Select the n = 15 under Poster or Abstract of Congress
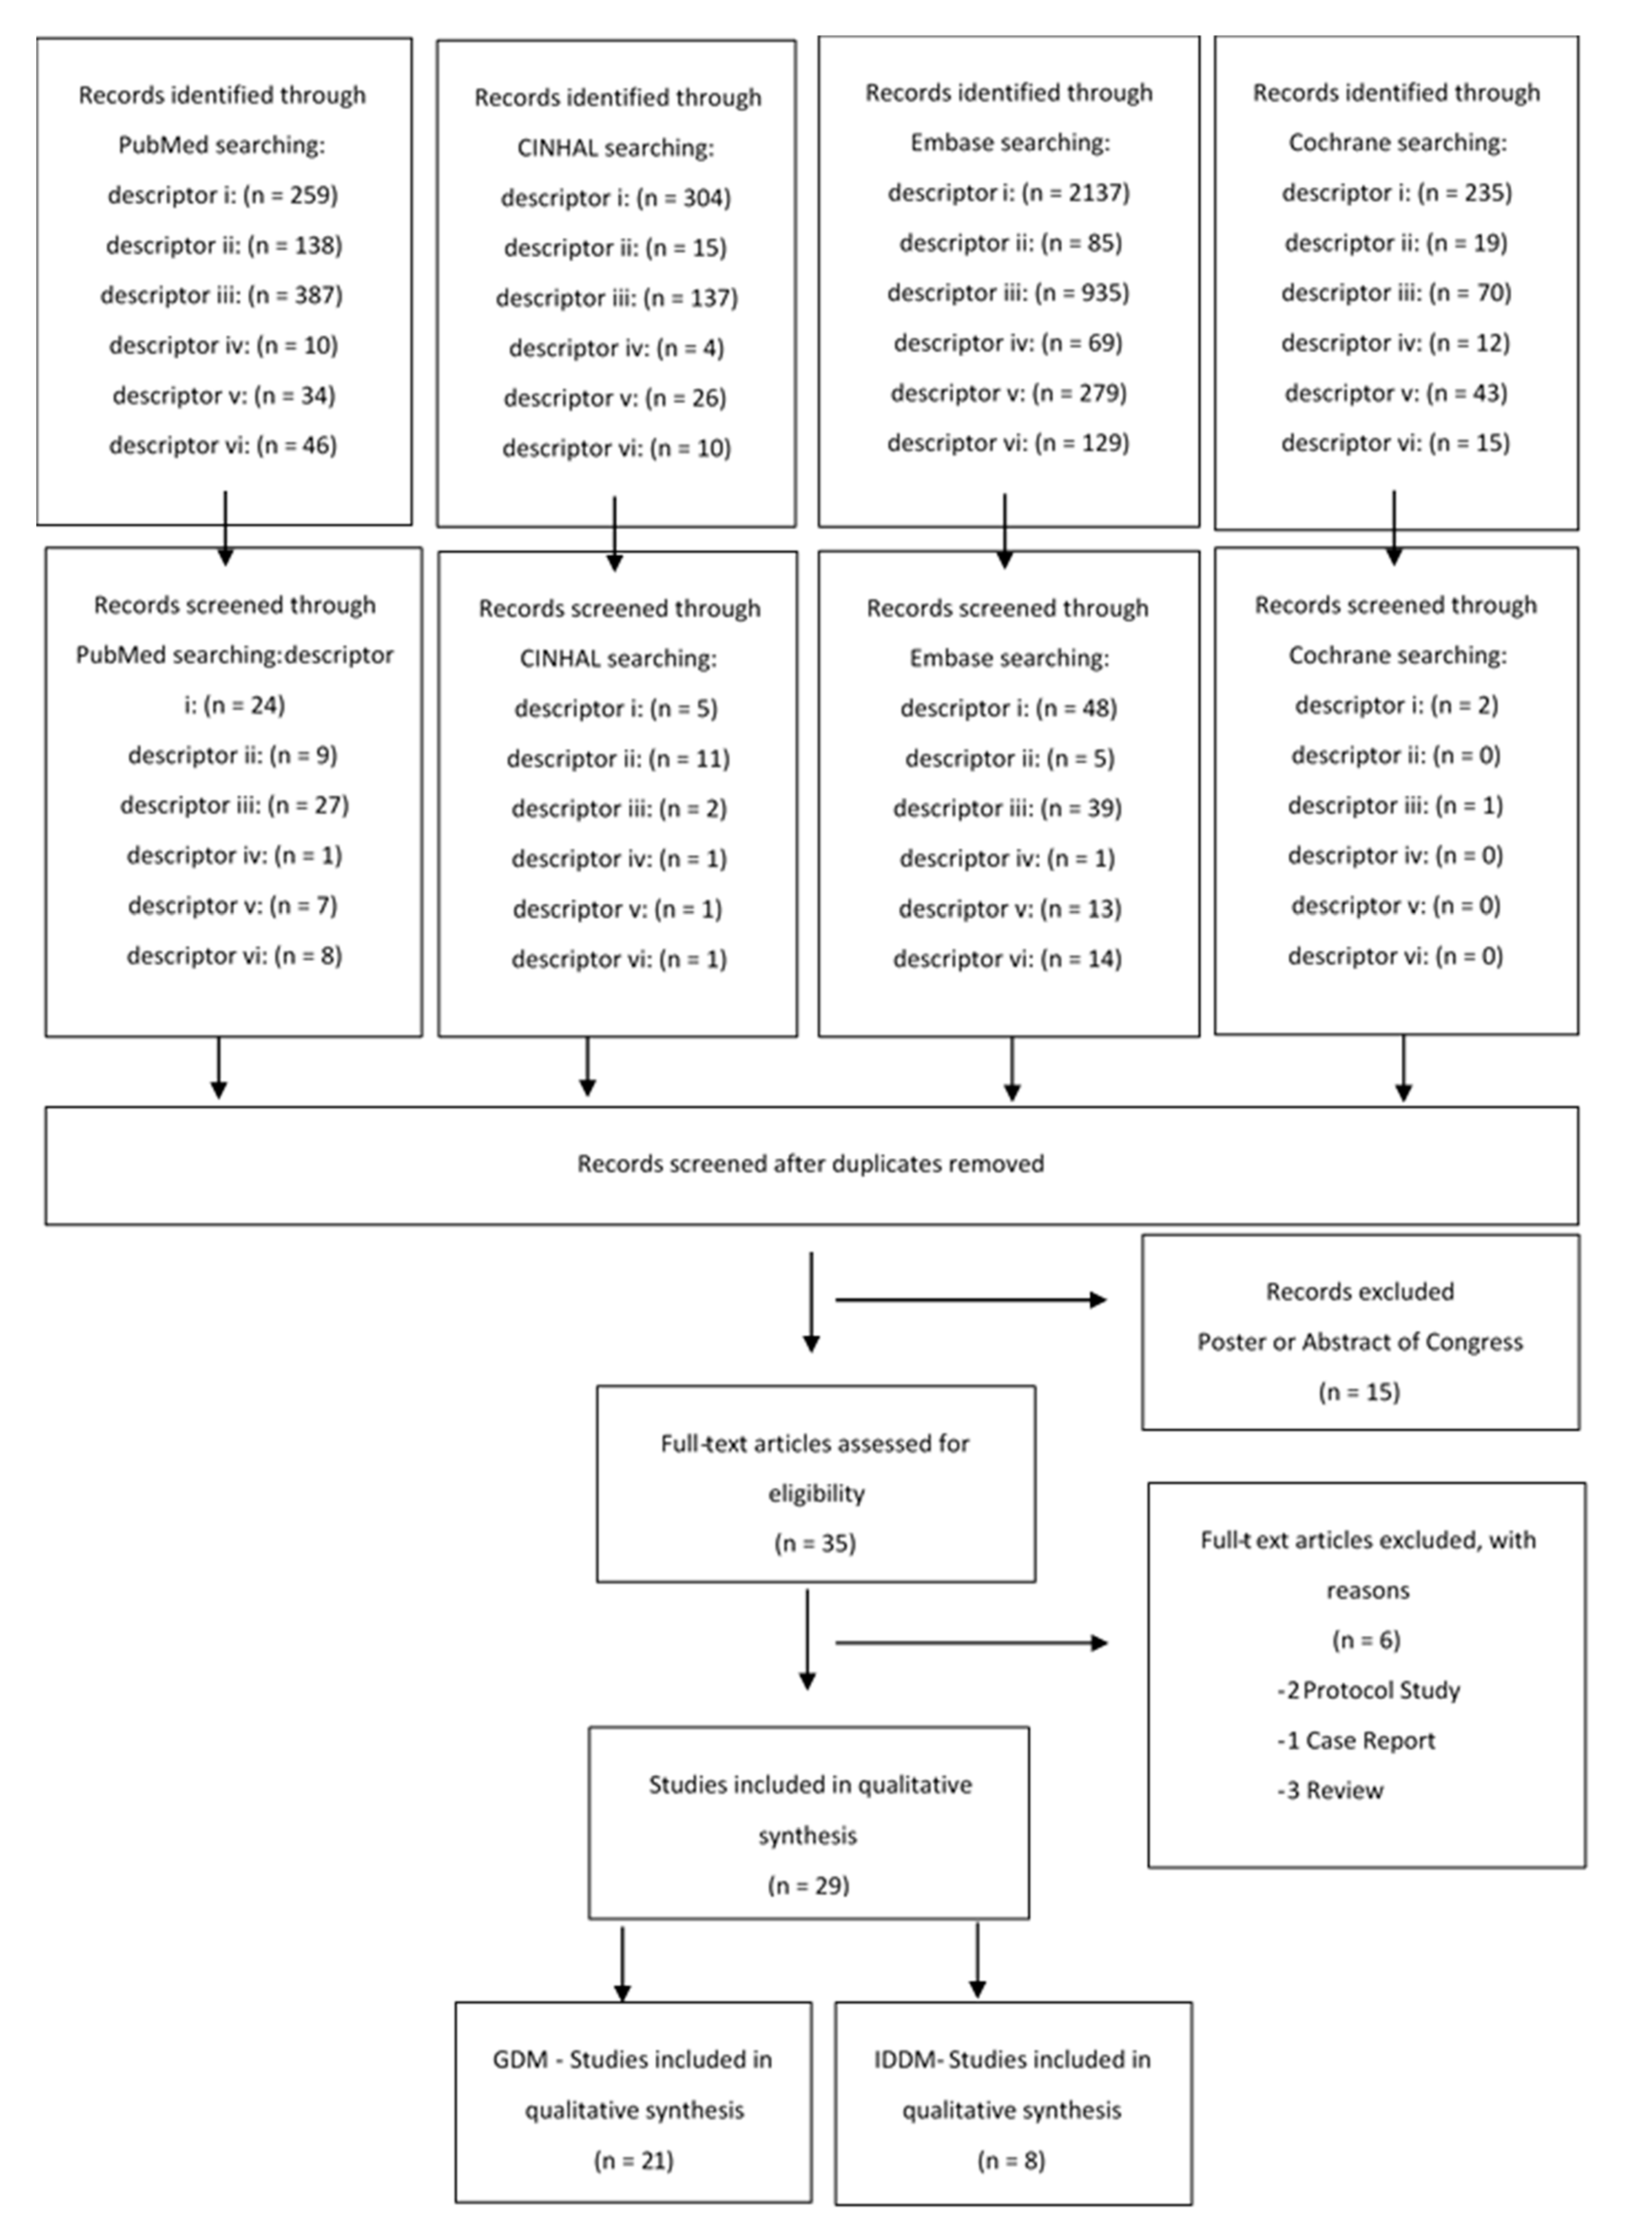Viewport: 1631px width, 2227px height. pos(1360,1393)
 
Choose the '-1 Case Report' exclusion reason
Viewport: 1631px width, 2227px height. pos(1357,1741)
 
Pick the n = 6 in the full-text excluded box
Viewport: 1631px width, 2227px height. pos(1366,1641)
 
